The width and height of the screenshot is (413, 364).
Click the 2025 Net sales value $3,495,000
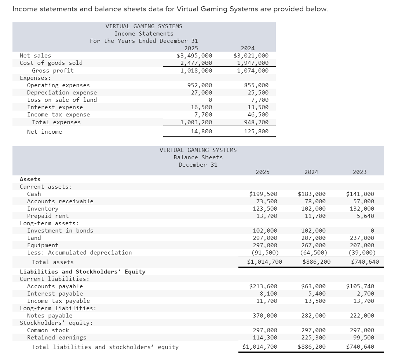pos(194,56)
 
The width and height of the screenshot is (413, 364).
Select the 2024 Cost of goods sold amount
pos(251,63)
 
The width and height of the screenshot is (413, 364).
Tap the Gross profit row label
pos(53,70)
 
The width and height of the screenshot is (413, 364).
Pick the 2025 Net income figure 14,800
pos(201,131)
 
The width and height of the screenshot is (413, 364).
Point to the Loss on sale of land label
pos(62,100)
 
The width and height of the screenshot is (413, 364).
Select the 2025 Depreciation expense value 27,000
pos(201,93)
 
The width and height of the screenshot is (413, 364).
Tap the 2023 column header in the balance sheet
pos(359,172)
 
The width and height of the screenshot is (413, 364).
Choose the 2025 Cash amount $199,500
pos(263,194)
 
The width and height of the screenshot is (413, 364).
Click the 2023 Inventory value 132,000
pos(361,209)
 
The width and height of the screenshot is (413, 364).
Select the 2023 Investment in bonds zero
pos(372,231)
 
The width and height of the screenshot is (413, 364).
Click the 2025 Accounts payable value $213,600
pos(263,286)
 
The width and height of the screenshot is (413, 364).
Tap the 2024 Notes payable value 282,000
pos(313,316)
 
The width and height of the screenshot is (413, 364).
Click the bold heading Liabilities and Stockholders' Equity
pos(83,272)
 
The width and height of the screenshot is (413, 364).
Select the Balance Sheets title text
pos(198,157)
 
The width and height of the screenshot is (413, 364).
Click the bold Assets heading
pos(30,179)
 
